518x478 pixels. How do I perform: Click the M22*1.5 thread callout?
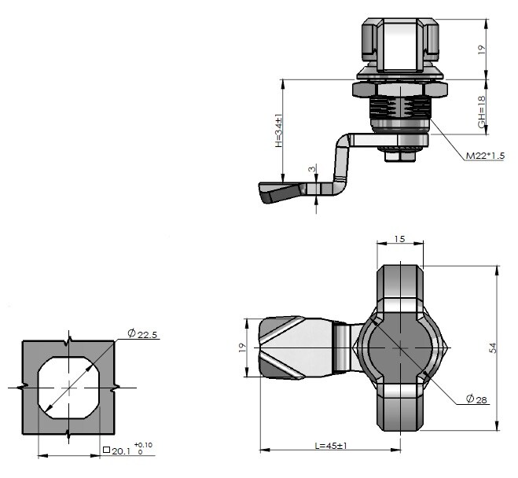point(484,156)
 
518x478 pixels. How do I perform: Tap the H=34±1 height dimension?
point(278,132)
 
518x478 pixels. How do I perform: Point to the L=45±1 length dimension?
point(330,446)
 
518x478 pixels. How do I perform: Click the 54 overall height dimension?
point(493,347)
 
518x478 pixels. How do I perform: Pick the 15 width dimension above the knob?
point(399,238)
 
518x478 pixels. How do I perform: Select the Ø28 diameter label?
point(476,400)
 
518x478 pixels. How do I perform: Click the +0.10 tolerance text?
point(143,445)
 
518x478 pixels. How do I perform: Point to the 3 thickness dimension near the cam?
point(312,170)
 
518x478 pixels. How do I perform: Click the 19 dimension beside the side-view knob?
point(482,48)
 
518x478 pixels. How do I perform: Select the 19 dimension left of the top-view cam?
point(243,347)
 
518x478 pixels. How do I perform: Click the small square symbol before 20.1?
point(106,450)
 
